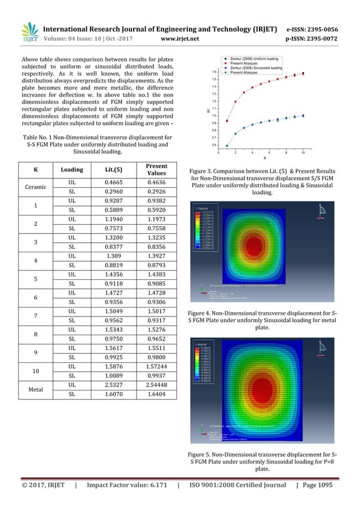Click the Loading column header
click(72, 169)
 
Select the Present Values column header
click(157, 169)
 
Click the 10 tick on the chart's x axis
click(304, 152)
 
